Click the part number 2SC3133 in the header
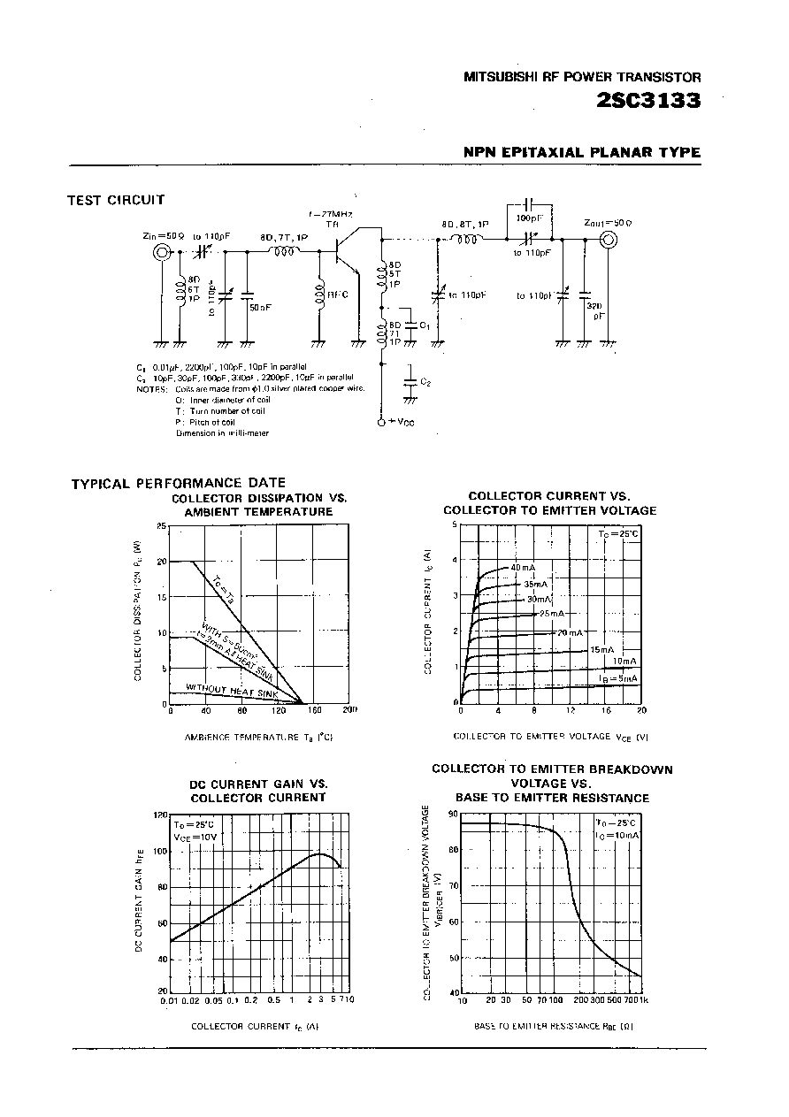pyautogui.click(x=648, y=100)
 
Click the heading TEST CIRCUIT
pyautogui.click(x=116, y=200)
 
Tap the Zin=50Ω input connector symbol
pyautogui.click(x=163, y=253)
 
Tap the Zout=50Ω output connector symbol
pyautogui.click(x=607, y=238)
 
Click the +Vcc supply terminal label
pyautogui.click(x=400, y=423)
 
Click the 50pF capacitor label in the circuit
pyautogui.click(x=260, y=307)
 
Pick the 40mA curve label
pyautogui.click(x=523, y=567)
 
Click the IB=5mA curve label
pyautogui.click(x=619, y=678)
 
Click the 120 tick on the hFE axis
pyautogui.click(x=159, y=815)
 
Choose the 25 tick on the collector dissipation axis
pyautogui.click(x=161, y=525)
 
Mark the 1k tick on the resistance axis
pyautogui.click(x=643, y=1000)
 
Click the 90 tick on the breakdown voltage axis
pyautogui.click(x=453, y=814)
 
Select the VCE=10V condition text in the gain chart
pyautogui.click(x=195, y=836)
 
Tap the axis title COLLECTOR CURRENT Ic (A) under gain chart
pyautogui.click(x=255, y=1027)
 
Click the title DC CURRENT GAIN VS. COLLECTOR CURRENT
pyautogui.click(x=259, y=791)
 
